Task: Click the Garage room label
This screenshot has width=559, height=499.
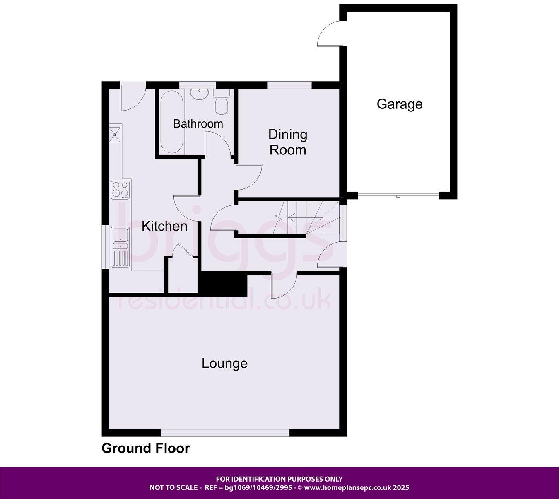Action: coord(399,104)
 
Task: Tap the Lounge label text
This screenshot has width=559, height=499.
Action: coord(224,363)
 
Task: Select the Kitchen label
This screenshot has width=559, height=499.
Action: coord(164,226)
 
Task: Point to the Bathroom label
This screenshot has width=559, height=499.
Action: coord(198,123)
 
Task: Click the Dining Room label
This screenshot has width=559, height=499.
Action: coord(288,142)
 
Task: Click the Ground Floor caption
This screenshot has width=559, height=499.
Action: coord(146,448)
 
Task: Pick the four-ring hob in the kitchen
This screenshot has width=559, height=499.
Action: coord(121,189)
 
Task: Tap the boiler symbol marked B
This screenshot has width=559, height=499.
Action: coord(115,134)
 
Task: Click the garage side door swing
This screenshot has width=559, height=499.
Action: coord(330,34)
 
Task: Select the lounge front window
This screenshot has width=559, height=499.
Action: coord(225,433)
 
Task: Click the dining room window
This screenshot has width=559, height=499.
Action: coord(289,85)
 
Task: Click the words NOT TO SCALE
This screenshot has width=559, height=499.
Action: coord(173,487)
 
